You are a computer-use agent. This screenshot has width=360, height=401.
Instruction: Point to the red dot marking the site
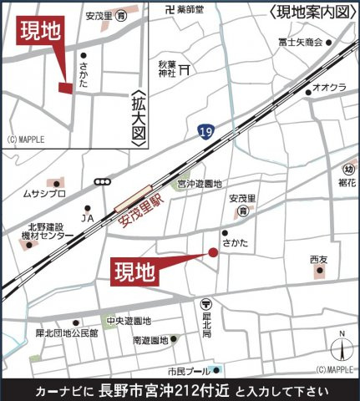212,253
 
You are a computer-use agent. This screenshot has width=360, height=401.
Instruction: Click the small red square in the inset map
64,86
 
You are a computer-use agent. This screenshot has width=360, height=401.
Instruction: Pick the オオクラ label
331,87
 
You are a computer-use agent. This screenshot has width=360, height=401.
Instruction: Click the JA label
87,220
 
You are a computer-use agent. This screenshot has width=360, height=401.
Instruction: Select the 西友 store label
319,260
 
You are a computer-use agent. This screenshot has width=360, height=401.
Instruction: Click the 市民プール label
188,370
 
